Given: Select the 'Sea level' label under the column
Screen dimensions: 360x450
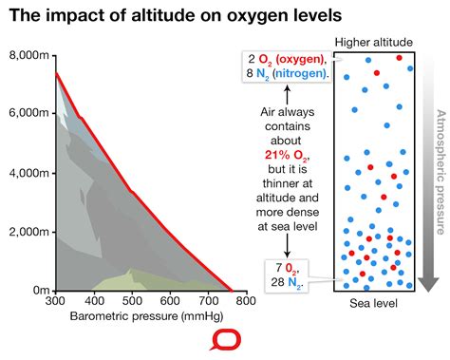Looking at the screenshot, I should (x=373, y=303).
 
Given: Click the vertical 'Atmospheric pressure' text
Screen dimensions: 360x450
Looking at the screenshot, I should (x=439, y=171).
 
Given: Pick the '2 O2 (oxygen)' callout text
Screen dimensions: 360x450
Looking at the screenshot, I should (x=285, y=58).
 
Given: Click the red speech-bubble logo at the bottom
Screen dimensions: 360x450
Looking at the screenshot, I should (x=225, y=342).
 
